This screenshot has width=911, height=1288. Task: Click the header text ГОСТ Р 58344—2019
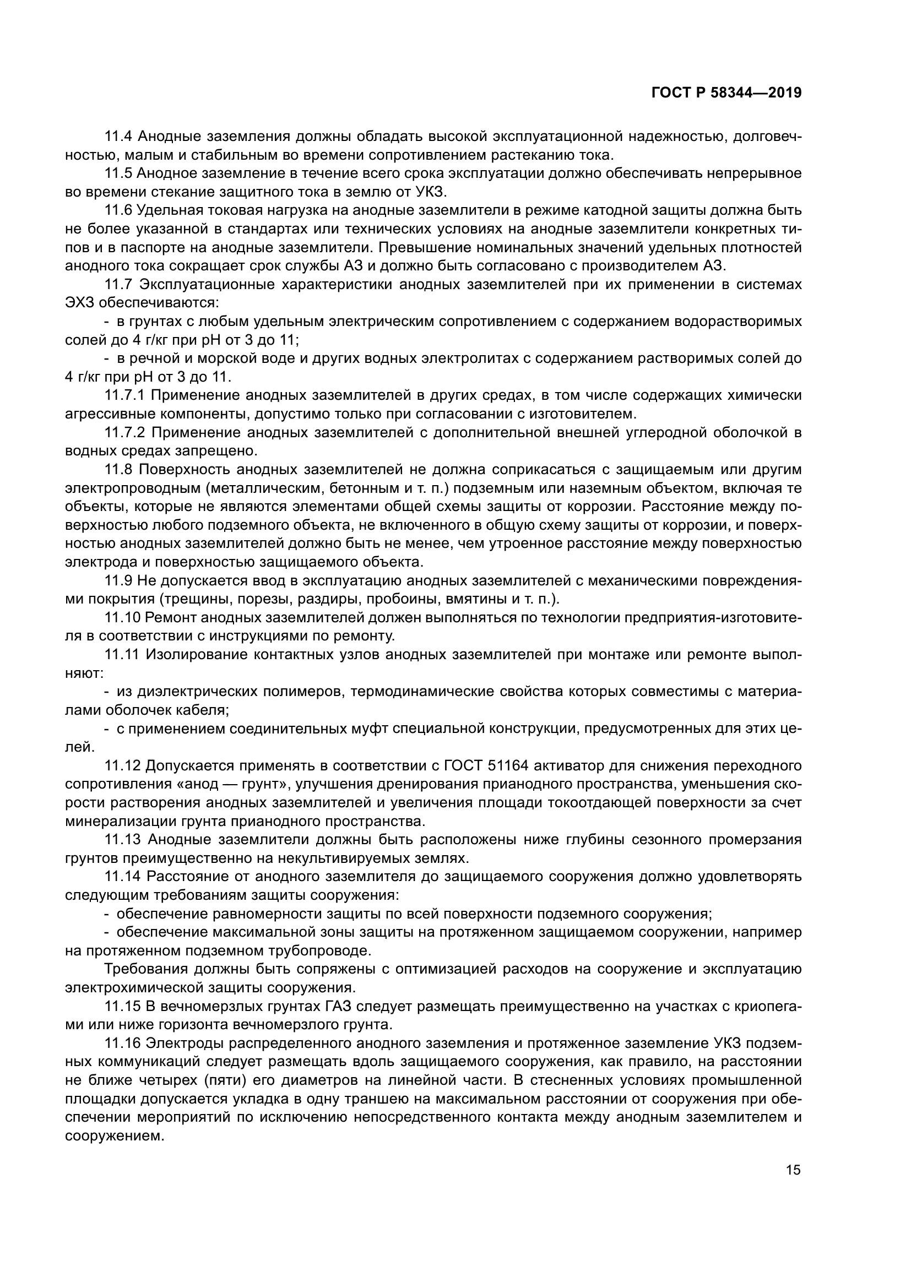pyautogui.click(x=726, y=94)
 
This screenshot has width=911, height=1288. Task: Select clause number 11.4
pyautogui.click(x=118, y=137)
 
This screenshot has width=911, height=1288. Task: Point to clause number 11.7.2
pyautogui.click(x=124, y=433)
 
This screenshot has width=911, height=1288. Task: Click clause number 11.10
pyautogui.click(x=122, y=618)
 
